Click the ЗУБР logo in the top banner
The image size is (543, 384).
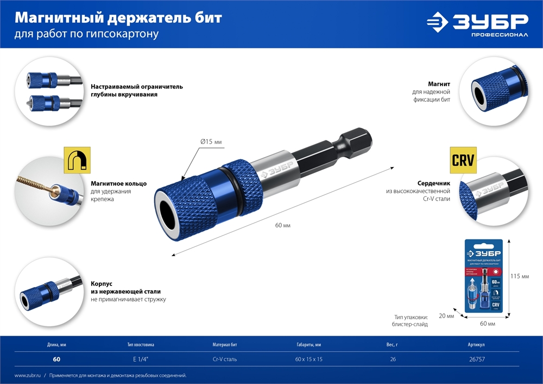pos(477,24)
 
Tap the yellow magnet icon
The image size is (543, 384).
pos(77,160)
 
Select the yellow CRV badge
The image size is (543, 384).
pos(463,160)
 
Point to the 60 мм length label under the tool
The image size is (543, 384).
pos(282,225)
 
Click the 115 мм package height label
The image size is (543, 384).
pos(520,276)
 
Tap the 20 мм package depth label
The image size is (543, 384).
pos(446,316)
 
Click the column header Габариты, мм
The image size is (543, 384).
pos(308,344)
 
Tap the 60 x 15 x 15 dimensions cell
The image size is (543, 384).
pos(308,359)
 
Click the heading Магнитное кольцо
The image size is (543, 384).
pos(118,184)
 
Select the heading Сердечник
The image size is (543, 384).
pos(432,184)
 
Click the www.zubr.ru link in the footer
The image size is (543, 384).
pos(27,375)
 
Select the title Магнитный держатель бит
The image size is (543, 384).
pos(118,18)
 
